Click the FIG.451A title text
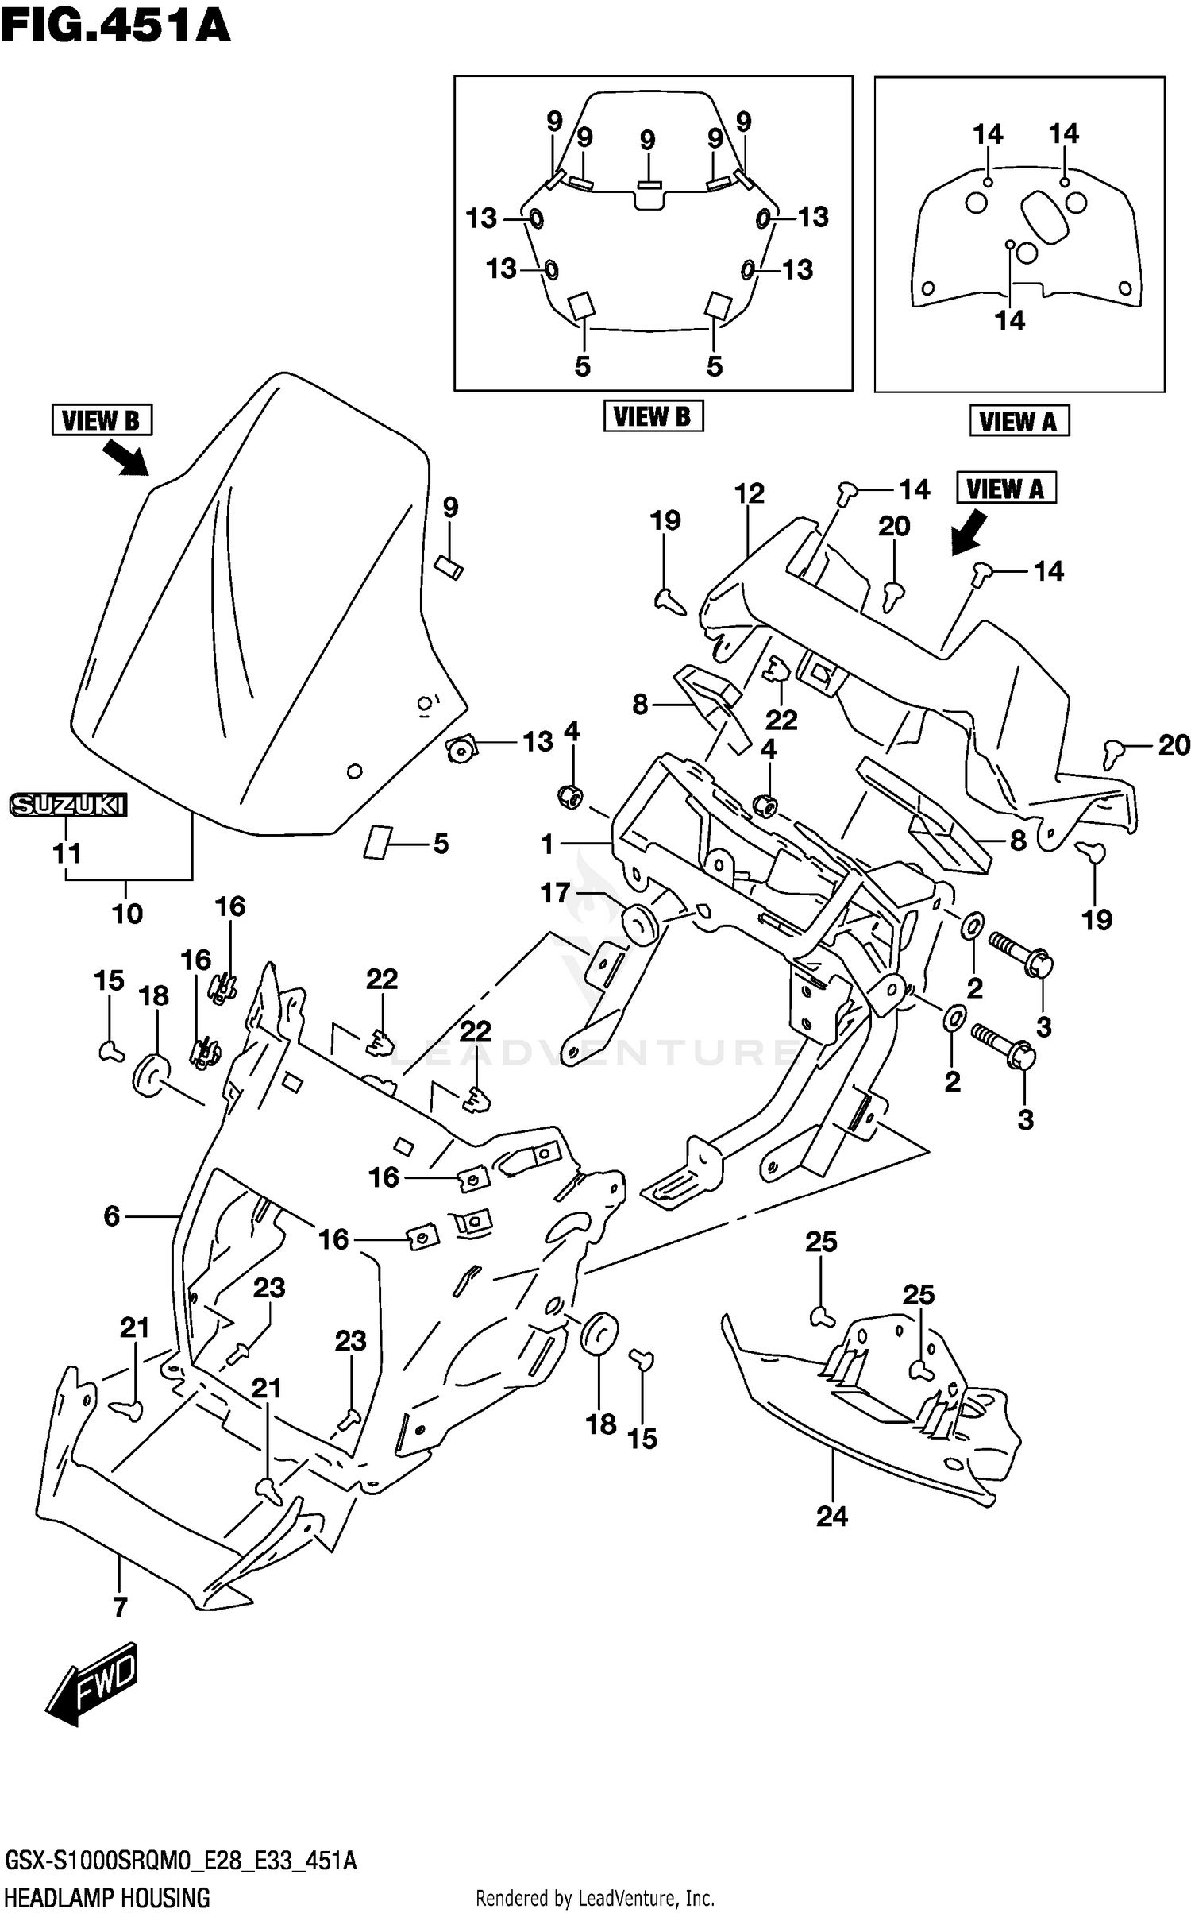(116, 25)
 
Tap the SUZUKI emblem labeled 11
(68, 805)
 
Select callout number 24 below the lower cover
(831, 1516)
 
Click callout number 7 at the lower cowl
(120, 1607)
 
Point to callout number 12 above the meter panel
(749, 493)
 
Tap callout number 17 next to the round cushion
(555, 893)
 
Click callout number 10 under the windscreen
(127, 914)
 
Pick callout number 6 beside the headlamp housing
(112, 1215)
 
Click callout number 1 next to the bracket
(547, 844)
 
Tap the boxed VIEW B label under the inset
(653, 415)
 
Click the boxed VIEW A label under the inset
(1018, 420)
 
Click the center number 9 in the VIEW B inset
(647, 141)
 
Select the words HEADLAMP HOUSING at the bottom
(107, 1898)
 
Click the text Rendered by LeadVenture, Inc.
(595, 1899)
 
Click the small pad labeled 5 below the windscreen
(378, 842)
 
